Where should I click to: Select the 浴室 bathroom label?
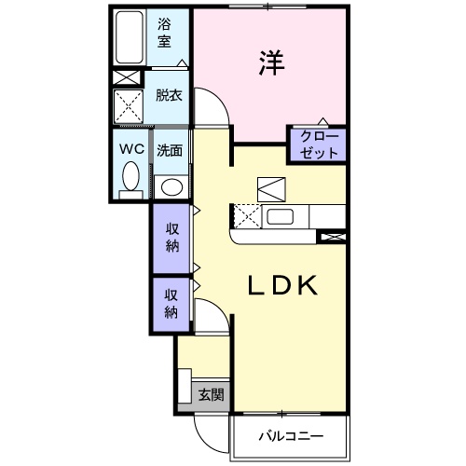coord(164,34)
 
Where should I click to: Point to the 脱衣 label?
coord(169,94)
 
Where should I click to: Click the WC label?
coord(130,148)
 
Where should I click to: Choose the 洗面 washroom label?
coord(169,149)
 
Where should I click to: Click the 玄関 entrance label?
coord(211,394)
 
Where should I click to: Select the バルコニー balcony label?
coord(290,436)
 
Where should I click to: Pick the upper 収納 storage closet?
coord(172,239)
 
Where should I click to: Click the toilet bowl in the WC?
coord(130,176)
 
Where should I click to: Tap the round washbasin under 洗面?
coord(170,185)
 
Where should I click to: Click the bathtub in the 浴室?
coord(130,39)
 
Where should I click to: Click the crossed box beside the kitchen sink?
coord(246,217)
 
